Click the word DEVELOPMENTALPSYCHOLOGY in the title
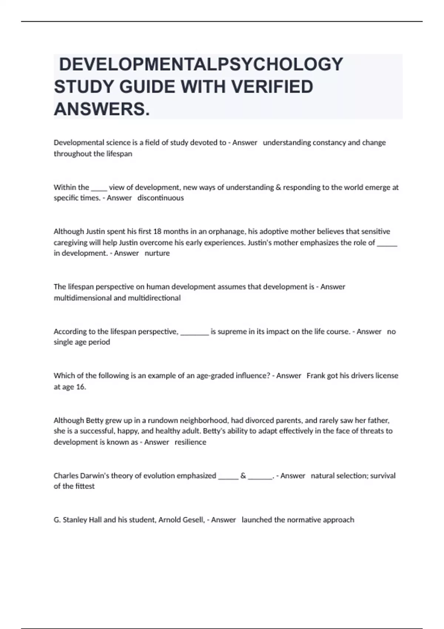(x=201, y=64)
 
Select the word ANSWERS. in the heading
(x=102, y=109)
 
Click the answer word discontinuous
(x=161, y=198)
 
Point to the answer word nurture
(x=157, y=253)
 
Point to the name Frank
(x=316, y=376)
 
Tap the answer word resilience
(x=191, y=442)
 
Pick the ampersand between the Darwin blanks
(x=243, y=475)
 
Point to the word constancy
(x=329, y=143)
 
